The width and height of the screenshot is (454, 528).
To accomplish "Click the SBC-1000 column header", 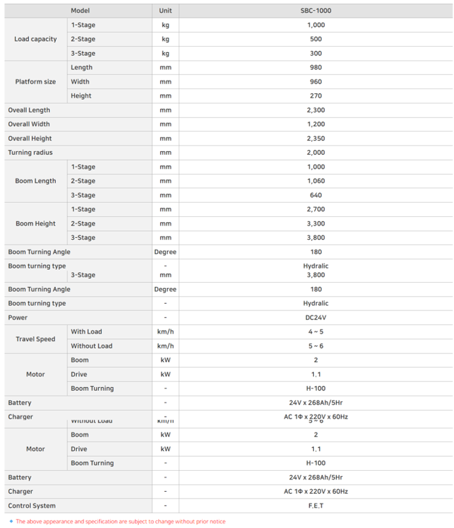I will (x=316, y=10).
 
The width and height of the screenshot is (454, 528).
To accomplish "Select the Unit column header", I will (x=165, y=10).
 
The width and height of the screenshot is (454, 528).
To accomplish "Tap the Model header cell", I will (x=80, y=10).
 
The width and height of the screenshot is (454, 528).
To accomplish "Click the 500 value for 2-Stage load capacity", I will (x=316, y=39).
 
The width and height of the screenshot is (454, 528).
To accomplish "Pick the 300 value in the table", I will (x=316, y=53).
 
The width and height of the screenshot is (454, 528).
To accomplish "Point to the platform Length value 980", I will (x=316, y=68).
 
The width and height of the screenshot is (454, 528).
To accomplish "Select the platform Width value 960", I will (x=316, y=82).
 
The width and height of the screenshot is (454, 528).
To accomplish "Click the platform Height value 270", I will (x=316, y=96).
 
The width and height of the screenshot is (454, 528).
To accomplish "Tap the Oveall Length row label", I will (x=29, y=110).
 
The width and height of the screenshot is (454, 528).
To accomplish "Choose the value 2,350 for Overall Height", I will (x=316, y=138).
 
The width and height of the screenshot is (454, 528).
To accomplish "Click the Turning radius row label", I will (x=30, y=152).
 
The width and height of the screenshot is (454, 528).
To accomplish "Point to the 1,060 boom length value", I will (x=316, y=181).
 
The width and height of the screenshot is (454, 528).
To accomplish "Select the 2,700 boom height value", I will (x=316, y=210).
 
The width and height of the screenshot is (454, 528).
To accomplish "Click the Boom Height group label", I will (x=36, y=224).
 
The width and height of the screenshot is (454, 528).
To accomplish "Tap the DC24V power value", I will (x=316, y=318).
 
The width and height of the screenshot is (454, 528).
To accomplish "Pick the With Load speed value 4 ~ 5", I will (x=316, y=332).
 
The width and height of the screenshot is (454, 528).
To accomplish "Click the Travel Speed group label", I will (x=36, y=339).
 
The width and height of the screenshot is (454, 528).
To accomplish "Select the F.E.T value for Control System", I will (x=316, y=506).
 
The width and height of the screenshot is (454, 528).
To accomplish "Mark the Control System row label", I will (x=31, y=506).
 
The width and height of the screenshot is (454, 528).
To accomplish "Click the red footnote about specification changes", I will (x=120, y=521).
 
